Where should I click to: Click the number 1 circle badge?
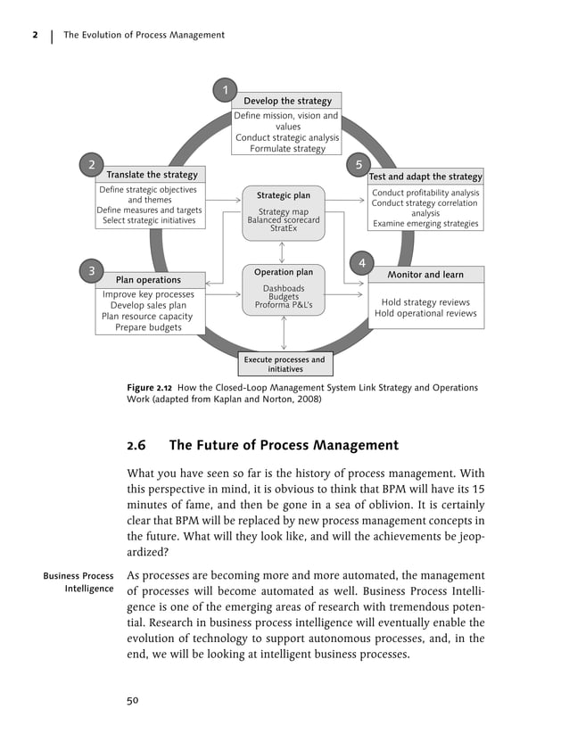click(x=225, y=90)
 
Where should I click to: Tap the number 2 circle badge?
click(x=90, y=165)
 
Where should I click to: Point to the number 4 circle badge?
click(x=361, y=263)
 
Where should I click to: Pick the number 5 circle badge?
click(x=359, y=165)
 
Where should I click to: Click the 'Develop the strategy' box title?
click(x=287, y=101)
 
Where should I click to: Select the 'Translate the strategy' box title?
click(x=152, y=175)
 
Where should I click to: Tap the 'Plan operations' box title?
click(x=148, y=280)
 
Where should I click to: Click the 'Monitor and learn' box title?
click(x=425, y=275)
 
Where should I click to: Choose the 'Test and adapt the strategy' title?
click(x=425, y=177)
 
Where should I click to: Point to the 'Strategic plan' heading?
click(x=284, y=195)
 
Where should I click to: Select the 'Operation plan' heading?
click(x=284, y=272)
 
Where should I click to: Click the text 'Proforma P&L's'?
click(x=284, y=306)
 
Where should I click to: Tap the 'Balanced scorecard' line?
click(x=284, y=220)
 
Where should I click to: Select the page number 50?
click(x=133, y=700)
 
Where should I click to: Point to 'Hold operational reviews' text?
click(x=425, y=314)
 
